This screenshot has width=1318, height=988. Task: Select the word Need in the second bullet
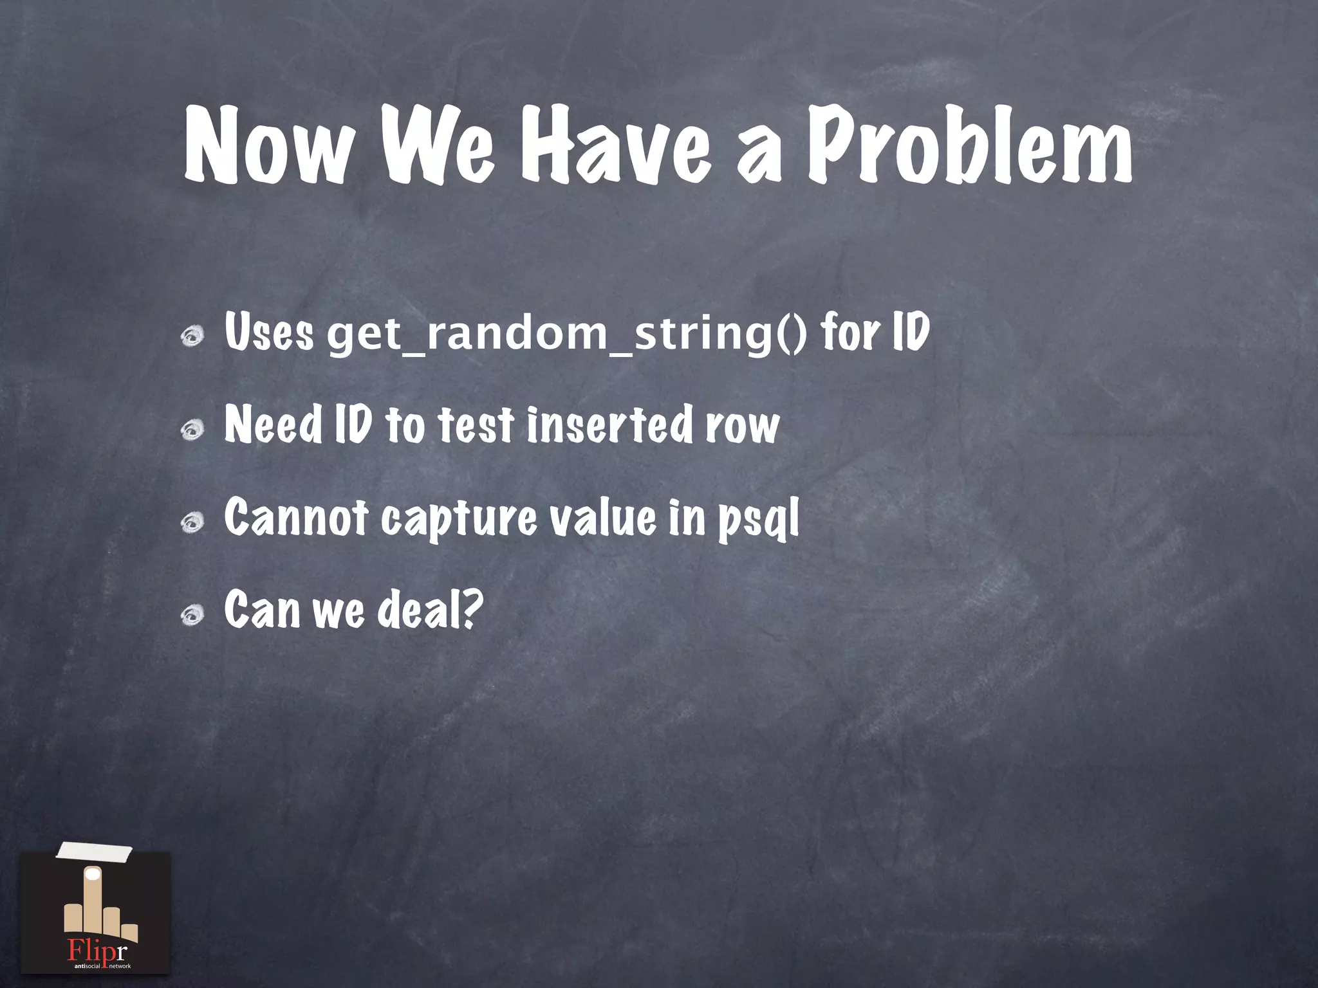coord(273,425)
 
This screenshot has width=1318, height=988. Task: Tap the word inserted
coord(609,425)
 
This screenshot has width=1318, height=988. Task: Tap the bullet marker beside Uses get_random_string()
coord(192,336)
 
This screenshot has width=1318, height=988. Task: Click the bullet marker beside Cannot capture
coord(192,522)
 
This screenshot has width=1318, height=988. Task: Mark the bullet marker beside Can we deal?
coord(192,615)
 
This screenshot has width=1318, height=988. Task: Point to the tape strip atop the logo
coord(95,853)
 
